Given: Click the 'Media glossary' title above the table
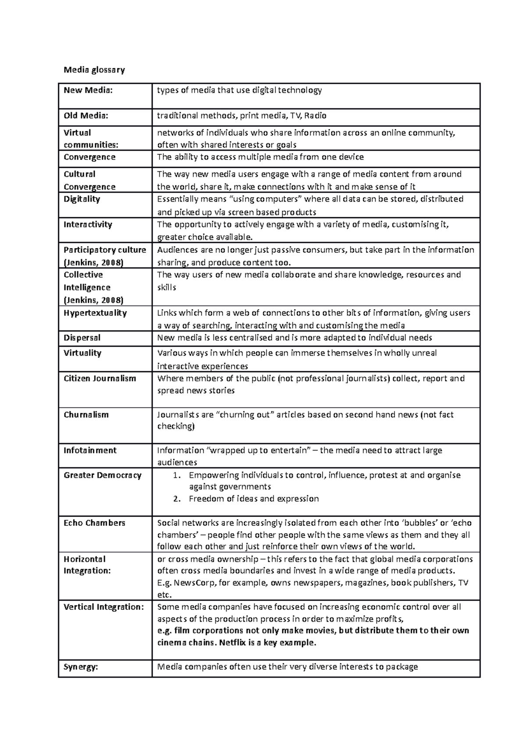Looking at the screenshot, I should click(x=94, y=70).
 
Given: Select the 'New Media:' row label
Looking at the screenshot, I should click(x=88, y=90).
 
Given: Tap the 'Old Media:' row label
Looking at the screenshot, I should click(x=86, y=116).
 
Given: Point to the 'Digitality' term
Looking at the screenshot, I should click(x=82, y=199).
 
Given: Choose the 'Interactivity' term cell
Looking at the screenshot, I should click(x=88, y=224).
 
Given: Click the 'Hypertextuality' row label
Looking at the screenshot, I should click(x=95, y=313).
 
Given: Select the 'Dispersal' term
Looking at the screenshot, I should click(x=82, y=338).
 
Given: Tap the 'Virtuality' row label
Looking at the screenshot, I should click(x=82, y=353).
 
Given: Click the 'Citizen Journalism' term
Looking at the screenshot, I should click(x=100, y=378).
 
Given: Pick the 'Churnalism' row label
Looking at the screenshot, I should click(x=86, y=415).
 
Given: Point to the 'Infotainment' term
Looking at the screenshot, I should click(x=90, y=450).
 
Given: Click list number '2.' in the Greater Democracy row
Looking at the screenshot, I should click(x=177, y=499).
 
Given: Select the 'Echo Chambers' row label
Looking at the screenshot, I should click(x=94, y=523).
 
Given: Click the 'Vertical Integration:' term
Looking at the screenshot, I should click(x=103, y=607).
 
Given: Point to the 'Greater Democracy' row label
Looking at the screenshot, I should click(x=103, y=475).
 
